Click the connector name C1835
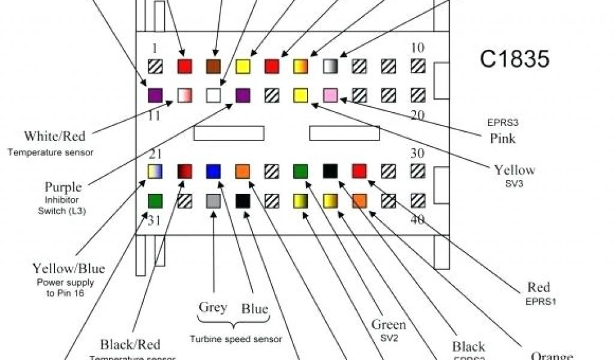tap(514, 59)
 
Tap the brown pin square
tap(213, 66)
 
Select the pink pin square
tap(330, 95)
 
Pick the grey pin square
tap(213, 201)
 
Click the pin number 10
tap(418, 48)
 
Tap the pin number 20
tap(417, 115)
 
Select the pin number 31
tap(154, 220)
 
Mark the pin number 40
tap(417, 220)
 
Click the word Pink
tap(502, 139)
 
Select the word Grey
tap(213, 308)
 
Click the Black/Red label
tap(130, 344)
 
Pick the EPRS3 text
tap(502, 123)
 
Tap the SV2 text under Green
tap(389, 338)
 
